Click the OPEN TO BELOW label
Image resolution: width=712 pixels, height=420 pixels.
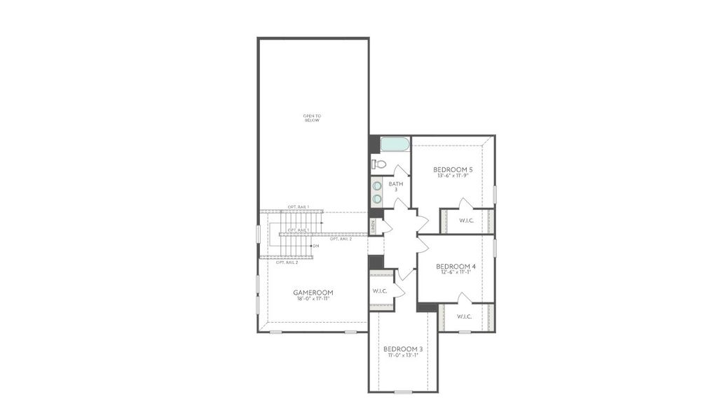click(x=312, y=118)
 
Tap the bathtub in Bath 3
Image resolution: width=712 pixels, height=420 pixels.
click(x=395, y=145)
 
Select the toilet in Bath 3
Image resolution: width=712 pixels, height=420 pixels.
click(x=378, y=164)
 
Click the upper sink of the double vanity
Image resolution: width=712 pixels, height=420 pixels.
click(x=377, y=186)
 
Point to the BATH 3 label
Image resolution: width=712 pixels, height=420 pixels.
click(x=396, y=186)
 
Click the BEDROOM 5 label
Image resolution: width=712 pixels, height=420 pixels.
click(x=453, y=169)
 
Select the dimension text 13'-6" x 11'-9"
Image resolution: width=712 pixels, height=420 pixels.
click(x=453, y=176)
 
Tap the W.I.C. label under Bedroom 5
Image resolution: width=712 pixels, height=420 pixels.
click(x=467, y=221)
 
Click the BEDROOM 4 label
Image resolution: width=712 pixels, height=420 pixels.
click(x=456, y=266)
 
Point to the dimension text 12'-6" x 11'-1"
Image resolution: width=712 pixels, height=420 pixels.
click(x=456, y=272)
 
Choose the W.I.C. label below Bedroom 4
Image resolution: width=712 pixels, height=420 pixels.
click(x=465, y=316)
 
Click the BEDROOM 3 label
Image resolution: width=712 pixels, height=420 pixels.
click(x=403, y=349)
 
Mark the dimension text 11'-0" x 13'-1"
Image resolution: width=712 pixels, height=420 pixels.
click(x=403, y=355)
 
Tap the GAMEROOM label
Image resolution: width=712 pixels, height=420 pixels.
click(x=313, y=292)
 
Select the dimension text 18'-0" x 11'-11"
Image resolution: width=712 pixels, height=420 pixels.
click(x=313, y=298)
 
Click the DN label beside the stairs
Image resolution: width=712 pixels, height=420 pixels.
click(x=316, y=246)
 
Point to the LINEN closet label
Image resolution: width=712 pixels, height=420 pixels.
click(x=374, y=226)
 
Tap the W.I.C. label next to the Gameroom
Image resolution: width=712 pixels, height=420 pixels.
click(x=381, y=290)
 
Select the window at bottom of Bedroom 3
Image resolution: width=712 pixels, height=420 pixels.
click(x=404, y=391)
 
